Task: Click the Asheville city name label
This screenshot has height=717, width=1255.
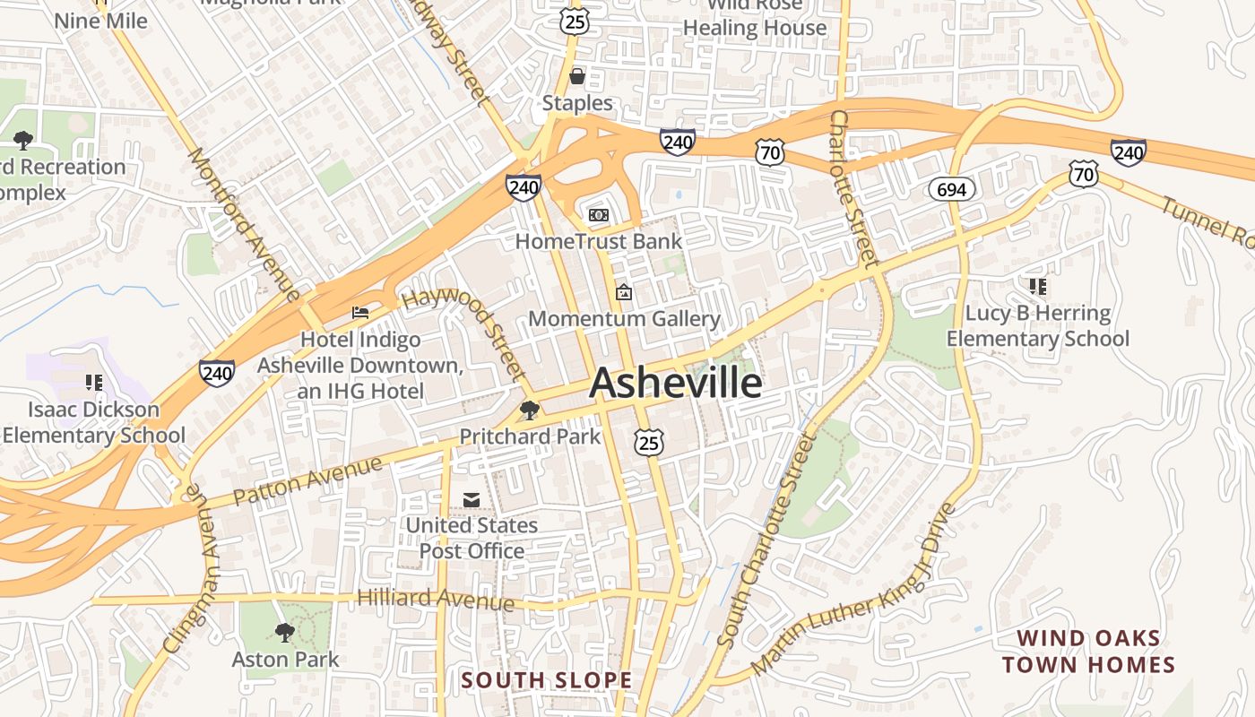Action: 676,383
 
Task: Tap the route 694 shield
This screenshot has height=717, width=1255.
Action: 951,189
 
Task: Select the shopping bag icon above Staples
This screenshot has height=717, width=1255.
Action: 577,76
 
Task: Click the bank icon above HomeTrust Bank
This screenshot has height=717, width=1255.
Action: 598,215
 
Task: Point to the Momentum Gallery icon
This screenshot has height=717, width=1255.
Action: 624,292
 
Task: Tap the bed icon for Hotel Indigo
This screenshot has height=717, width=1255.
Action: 360,313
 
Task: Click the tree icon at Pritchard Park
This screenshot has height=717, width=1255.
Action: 530,410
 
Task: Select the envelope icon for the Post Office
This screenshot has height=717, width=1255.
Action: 472,499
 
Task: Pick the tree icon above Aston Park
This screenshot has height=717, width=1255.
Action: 285,633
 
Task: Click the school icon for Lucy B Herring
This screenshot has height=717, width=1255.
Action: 1038,287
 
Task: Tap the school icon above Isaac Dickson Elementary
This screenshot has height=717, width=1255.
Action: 94,383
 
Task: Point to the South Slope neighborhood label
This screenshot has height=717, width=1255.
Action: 547,680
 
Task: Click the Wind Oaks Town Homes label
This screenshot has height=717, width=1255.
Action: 1088,652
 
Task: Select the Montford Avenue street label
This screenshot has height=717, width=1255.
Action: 243,223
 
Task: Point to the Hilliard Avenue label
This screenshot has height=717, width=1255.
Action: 436,599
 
